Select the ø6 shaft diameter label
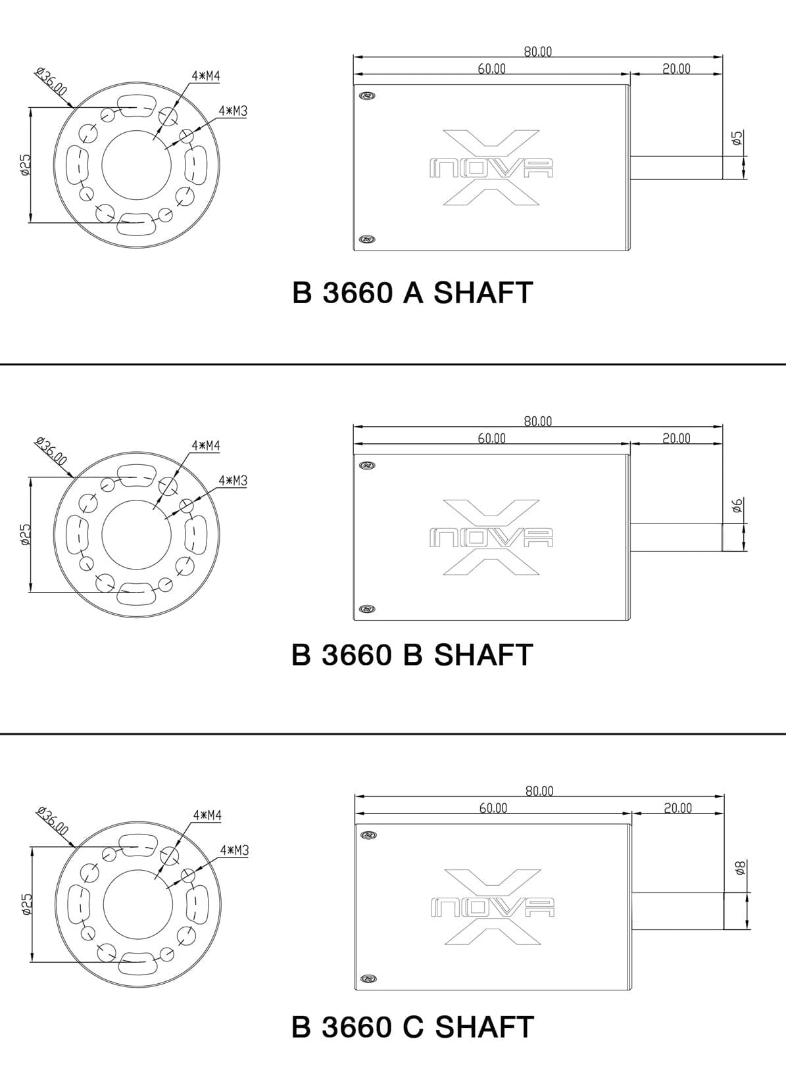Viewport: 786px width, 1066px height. [737, 506]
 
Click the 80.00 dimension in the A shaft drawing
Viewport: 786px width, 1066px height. [538, 51]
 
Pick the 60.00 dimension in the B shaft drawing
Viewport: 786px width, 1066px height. [492, 438]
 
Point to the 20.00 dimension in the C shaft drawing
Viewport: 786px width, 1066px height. [677, 808]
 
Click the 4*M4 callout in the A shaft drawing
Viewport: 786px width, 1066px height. [206, 76]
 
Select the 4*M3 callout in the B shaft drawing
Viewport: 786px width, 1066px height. [233, 481]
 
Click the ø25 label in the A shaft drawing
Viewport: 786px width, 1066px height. [26, 164]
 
